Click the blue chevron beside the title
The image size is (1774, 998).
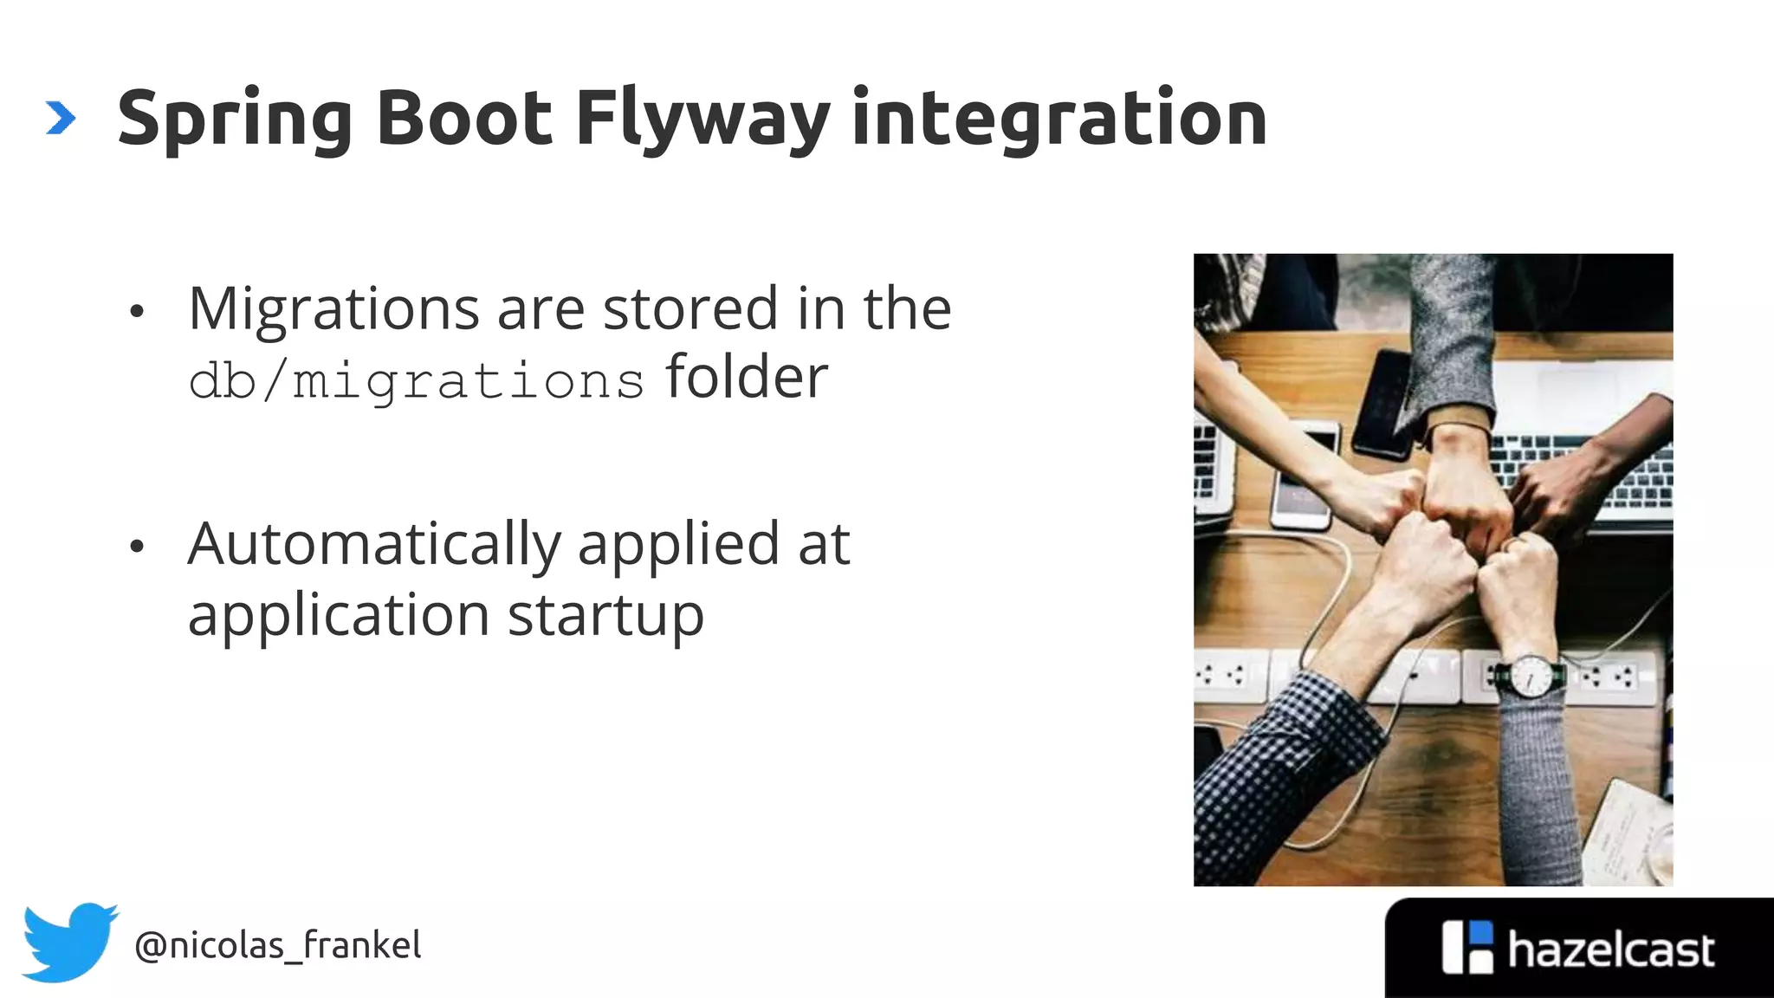(x=60, y=118)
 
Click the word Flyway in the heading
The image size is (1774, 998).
(x=702, y=120)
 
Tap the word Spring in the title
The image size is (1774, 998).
(x=234, y=120)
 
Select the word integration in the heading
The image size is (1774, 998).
(x=1059, y=120)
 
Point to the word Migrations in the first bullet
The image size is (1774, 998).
(x=333, y=309)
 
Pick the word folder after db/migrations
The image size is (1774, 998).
(x=747, y=378)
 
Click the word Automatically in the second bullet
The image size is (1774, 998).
(x=374, y=546)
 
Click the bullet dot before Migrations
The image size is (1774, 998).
(x=136, y=312)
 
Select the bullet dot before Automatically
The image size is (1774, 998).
(x=136, y=547)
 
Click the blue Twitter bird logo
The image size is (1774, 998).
(x=69, y=943)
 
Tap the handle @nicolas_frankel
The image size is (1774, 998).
(x=277, y=945)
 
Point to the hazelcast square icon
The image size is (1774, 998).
(x=1467, y=948)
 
